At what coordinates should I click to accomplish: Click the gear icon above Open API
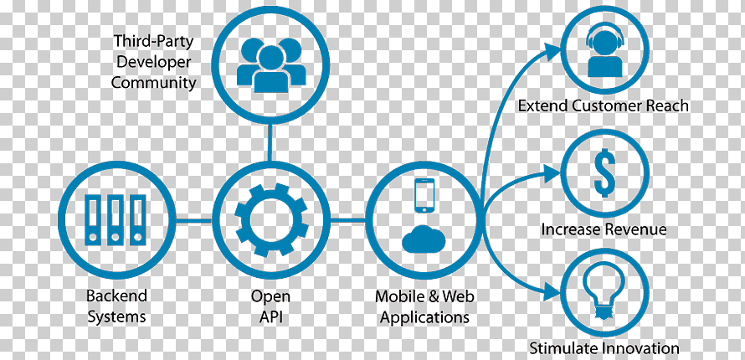tap(271, 220)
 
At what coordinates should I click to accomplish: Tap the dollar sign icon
tap(605, 172)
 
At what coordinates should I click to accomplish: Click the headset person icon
tap(604, 51)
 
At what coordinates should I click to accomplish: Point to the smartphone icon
tap(424, 196)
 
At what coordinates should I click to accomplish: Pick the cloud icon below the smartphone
tap(424, 239)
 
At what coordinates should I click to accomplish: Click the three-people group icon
tap(271, 64)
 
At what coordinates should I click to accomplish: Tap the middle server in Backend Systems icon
tap(115, 220)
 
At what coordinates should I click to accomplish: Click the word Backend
tap(116, 296)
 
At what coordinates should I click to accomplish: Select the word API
tap(271, 316)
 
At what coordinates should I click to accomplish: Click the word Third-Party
tap(153, 41)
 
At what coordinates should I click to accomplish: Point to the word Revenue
tap(635, 230)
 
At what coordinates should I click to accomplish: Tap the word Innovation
tap(642, 348)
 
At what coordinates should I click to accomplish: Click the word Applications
tap(424, 317)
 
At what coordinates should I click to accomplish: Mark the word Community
tap(153, 83)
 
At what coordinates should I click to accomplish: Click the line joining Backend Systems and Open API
tap(194, 220)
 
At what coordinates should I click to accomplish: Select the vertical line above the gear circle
tap(270, 142)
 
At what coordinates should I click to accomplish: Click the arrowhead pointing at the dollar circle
tap(552, 174)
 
